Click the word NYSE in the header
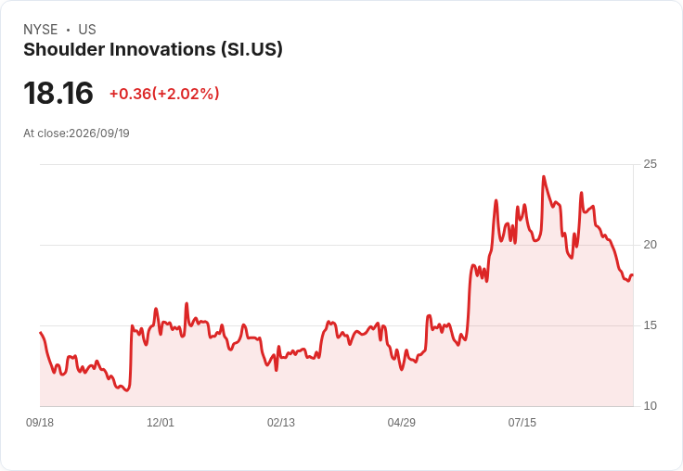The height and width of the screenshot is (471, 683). point(41,30)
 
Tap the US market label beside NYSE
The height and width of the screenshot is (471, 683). point(87,30)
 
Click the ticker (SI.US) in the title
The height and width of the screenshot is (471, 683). point(251,50)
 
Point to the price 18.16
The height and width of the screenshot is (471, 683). point(58,93)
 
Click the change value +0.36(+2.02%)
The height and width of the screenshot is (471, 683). point(164,94)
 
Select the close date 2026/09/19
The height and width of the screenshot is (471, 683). point(99,134)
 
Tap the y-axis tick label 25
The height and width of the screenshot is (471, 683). point(650,164)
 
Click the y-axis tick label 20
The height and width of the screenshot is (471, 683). point(650,245)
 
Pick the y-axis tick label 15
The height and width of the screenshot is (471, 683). point(650,325)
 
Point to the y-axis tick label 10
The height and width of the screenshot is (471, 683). point(650,406)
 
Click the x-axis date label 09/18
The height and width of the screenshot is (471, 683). point(40,423)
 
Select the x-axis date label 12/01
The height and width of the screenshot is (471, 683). point(161,423)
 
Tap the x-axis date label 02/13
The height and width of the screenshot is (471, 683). point(281,423)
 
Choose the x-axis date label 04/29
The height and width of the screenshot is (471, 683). point(402,423)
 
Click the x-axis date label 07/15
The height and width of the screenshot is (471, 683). point(522,423)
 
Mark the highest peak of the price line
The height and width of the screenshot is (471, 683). point(543,177)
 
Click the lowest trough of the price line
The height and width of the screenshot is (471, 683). point(127,390)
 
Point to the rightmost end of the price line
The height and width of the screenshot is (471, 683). point(633,274)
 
